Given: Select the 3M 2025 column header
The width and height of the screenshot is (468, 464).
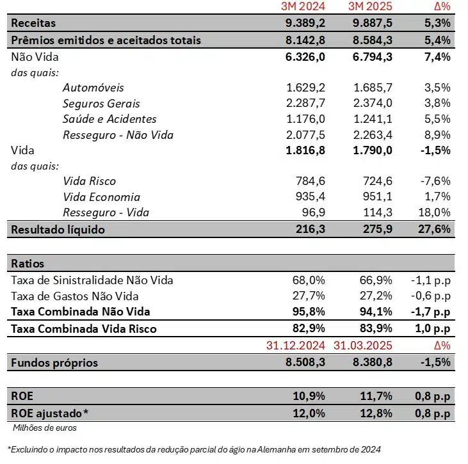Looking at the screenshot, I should (370, 7).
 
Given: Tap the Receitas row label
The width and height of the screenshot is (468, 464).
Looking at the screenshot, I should (33, 23).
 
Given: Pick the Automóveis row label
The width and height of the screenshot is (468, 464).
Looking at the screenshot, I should (93, 87).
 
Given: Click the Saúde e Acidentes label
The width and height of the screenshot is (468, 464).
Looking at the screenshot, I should (109, 119).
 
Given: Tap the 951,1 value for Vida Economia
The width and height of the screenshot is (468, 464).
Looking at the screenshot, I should (376, 197).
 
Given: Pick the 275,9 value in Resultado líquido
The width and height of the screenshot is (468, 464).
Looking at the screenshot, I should (376, 229).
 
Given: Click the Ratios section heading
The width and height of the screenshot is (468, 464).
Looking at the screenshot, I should (28, 263).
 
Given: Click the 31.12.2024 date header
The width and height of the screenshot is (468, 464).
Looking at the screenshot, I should (296, 346).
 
